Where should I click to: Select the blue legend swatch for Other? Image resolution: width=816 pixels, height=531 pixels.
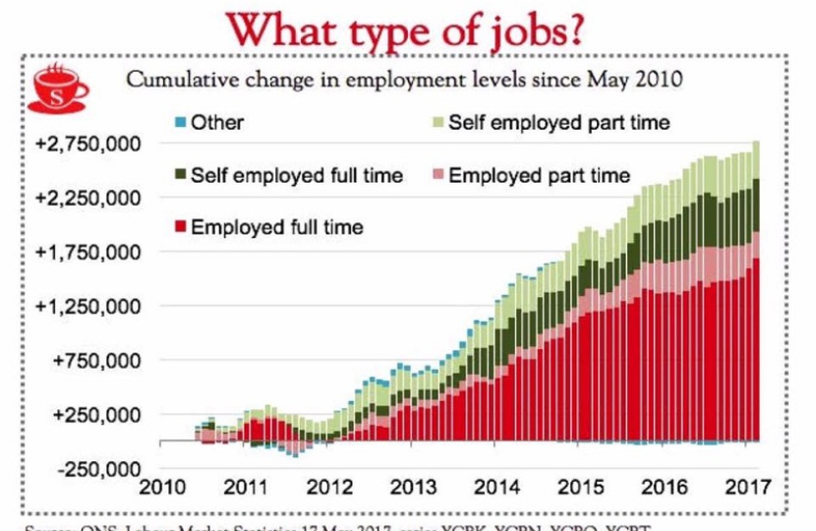tap(179, 123)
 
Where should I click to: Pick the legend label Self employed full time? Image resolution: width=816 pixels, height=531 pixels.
tap(297, 175)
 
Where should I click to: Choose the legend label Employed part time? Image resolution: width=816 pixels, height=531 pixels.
tap(539, 175)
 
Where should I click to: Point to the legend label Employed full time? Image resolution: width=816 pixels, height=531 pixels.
tap(277, 227)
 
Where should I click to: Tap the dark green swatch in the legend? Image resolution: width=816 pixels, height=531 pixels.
tap(179, 175)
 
